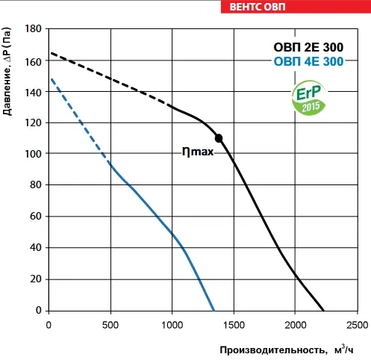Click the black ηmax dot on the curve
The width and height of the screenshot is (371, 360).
(x=219, y=138)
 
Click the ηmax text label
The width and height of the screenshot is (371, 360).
(x=198, y=152)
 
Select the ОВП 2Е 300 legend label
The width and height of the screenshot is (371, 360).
(x=308, y=47)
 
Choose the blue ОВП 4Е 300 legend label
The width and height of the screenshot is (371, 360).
(x=308, y=61)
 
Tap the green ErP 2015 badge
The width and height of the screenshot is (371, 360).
(x=309, y=98)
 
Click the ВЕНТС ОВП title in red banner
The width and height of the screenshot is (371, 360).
(x=258, y=7)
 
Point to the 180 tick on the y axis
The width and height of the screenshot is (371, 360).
(x=33, y=28)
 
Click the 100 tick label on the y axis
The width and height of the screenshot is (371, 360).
(x=33, y=154)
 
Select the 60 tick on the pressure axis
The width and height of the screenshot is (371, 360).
(x=36, y=216)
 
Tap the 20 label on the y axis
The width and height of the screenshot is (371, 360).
(x=36, y=279)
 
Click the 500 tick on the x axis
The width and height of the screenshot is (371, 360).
(x=110, y=325)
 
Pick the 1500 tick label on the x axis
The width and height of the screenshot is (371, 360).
(x=234, y=325)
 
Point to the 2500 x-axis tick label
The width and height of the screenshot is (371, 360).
(x=357, y=325)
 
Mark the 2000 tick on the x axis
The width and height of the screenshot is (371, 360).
(x=296, y=325)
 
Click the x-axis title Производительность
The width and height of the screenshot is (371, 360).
(x=272, y=350)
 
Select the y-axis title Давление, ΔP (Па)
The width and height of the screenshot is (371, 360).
(x=7, y=72)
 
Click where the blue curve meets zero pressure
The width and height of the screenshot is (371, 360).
(x=213, y=311)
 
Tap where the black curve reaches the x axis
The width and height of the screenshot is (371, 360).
(x=323, y=311)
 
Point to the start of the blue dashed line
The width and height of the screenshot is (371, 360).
(x=52, y=79)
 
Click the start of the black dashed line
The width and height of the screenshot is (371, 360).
(x=51, y=53)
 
